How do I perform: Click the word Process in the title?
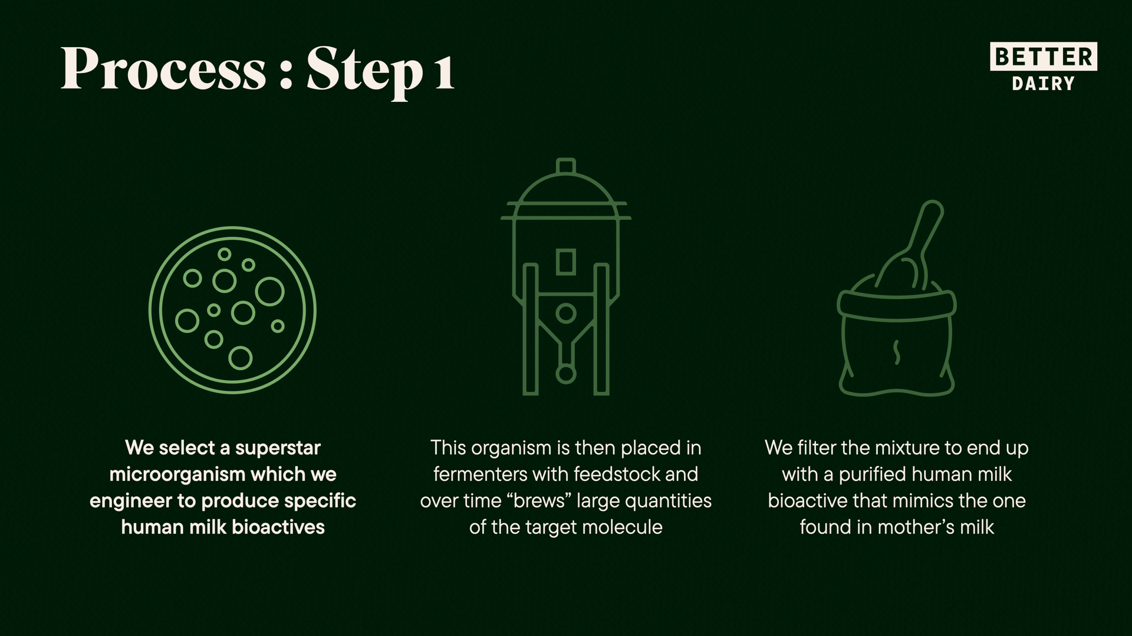pyautogui.click(x=163, y=70)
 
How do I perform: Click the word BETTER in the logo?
pyautogui.click(x=1044, y=57)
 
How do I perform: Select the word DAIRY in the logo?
pyautogui.click(x=1044, y=84)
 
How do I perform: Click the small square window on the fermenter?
pyautogui.click(x=566, y=262)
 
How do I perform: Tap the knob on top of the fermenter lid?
pyautogui.click(x=566, y=166)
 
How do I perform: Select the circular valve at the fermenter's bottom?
pyautogui.click(x=566, y=374)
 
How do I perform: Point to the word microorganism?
pyautogui.click(x=177, y=474)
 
